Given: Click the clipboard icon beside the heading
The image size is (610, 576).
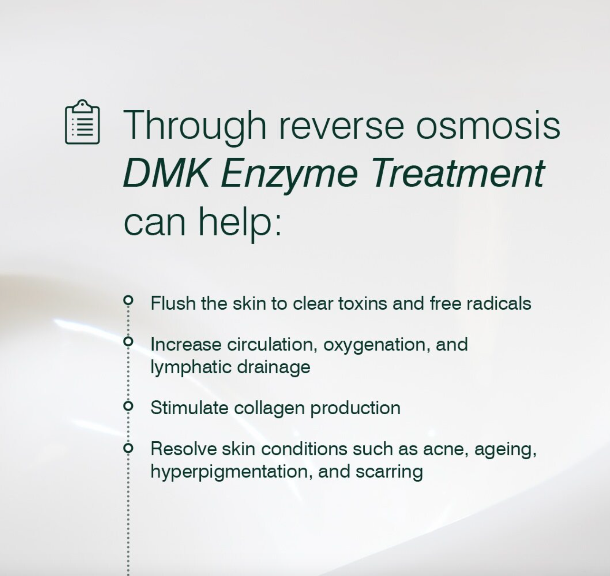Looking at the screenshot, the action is click(x=83, y=122).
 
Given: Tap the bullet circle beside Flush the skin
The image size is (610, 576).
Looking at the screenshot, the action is click(x=129, y=300).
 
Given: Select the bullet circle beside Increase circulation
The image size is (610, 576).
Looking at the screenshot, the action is click(x=129, y=341).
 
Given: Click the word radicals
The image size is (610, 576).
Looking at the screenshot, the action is click(x=499, y=304).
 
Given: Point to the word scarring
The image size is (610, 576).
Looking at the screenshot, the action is click(x=389, y=473).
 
